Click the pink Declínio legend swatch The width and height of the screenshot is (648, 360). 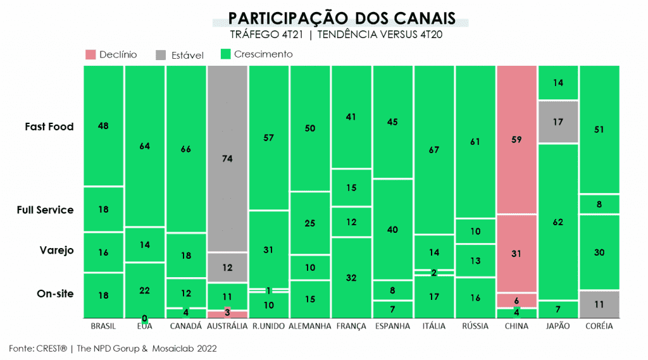click(x=90, y=55)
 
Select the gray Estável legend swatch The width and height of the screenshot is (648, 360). click(x=161, y=55)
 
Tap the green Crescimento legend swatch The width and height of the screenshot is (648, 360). click(x=225, y=54)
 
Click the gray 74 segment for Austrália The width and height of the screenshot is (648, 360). click(x=227, y=159)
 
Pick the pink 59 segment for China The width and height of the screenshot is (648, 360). click(x=516, y=140)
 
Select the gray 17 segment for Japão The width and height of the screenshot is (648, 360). click(x=558, y=121)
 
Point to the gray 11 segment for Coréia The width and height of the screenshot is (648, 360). click(x=599, y=304)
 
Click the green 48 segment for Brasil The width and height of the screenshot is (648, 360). click(x=103, y=126)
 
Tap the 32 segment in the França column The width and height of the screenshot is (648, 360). click(x=351, y=277)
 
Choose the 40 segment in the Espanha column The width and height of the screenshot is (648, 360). click(x=392, y=229)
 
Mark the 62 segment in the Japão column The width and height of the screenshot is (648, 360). click(x=558, y=221)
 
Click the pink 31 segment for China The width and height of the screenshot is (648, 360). click(x=516, y=253)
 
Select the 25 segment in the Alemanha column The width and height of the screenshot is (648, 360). click(x=309, y=223)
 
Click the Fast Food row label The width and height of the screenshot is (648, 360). click(x=49, y=127)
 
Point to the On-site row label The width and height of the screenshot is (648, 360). click(x=55, y=294)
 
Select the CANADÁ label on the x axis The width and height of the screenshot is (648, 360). click(x=186, y=326)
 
